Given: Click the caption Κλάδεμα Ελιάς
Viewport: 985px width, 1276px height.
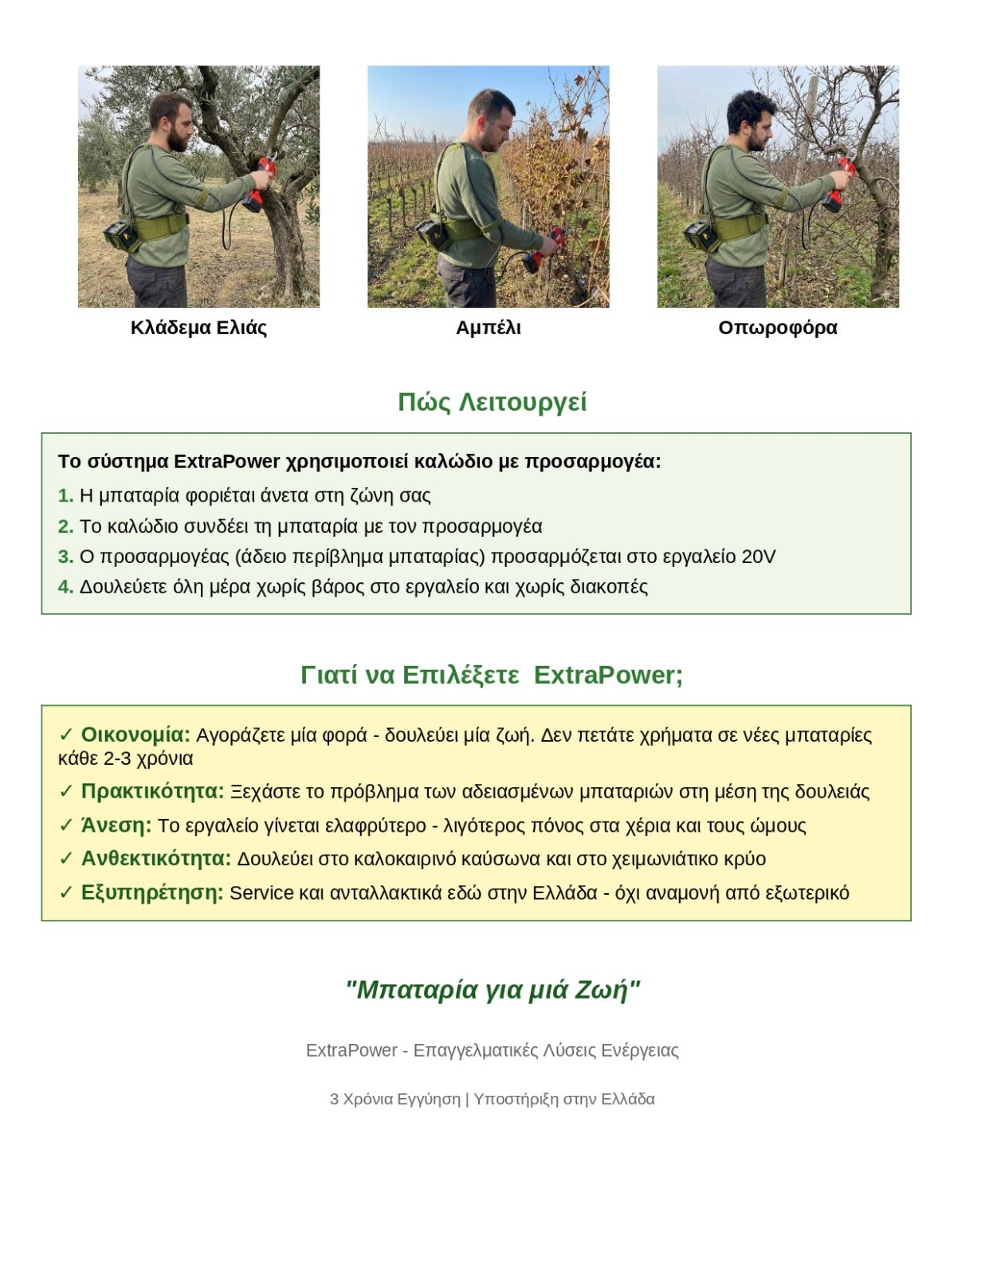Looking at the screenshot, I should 198,328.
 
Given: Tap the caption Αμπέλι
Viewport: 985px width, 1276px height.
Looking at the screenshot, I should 488,328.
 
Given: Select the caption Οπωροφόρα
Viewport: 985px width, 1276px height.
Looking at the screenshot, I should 777,328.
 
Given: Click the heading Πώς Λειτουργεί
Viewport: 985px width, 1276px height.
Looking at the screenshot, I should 492,402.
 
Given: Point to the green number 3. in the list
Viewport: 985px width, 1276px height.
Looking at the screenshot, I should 65,557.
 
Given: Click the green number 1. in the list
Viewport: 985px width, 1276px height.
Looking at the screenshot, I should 65,495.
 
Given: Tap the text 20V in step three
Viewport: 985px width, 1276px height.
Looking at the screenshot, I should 758,557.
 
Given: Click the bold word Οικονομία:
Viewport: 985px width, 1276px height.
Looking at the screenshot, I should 135,734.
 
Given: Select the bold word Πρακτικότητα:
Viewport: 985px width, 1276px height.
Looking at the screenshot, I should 152,791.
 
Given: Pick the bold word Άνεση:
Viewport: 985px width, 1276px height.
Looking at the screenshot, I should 116,825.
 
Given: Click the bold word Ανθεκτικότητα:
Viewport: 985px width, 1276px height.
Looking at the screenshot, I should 155,858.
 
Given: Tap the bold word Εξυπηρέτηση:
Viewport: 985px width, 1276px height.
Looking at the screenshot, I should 152,892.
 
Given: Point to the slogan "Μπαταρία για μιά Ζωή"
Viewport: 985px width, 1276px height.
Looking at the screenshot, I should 492,990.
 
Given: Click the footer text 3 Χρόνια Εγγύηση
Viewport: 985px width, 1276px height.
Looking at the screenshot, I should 394,1099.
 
